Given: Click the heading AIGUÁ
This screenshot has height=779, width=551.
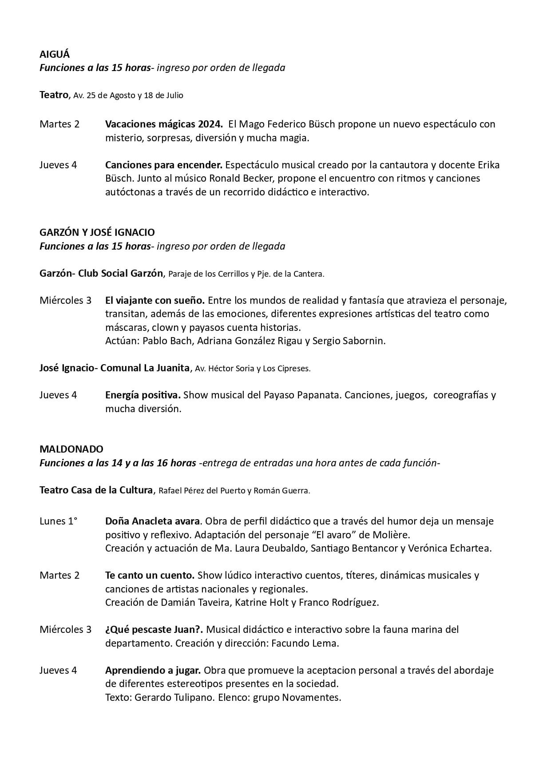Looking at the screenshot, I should (55, 54).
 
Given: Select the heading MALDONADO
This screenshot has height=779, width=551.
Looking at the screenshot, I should (71, 449).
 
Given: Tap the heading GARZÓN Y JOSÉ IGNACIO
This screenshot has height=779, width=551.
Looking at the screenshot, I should (97, 232).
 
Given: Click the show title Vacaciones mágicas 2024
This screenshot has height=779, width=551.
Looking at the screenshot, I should (163, 124).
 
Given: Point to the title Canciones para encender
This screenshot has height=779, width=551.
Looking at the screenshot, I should (163, 165).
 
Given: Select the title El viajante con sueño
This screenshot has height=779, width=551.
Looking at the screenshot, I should (155, 300).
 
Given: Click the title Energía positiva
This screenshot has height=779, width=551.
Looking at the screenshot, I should (143, 395).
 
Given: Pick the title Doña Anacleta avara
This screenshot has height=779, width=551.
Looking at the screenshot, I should (153, 521).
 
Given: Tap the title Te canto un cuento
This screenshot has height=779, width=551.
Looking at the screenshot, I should (150, 575).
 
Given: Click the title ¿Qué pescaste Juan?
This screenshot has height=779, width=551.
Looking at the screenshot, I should (154, 629).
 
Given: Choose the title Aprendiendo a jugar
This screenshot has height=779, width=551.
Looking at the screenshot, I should (153, 670).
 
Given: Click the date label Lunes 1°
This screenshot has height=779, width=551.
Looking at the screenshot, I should (58, 521).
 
